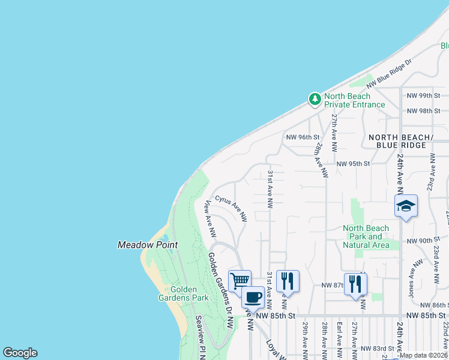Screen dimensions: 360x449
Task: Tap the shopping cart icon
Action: click(240, 281)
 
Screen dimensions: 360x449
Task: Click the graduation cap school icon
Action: click(406, 206)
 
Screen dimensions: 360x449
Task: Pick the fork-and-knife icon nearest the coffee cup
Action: click(288, 281)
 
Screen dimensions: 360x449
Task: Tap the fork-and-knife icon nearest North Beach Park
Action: click(355, 284)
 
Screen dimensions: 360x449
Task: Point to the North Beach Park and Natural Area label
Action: click(366, 236)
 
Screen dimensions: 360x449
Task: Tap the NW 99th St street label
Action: click(423, 95)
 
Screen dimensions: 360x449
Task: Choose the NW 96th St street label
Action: click(303, 137)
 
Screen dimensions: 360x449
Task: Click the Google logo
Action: click(20, 353)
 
